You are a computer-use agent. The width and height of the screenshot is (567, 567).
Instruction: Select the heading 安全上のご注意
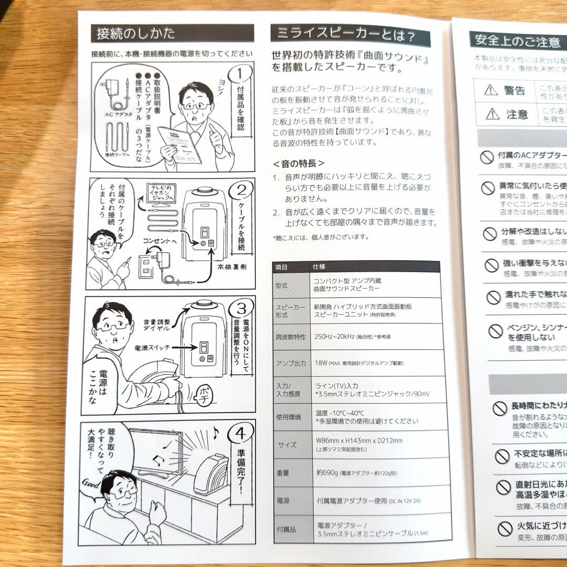517,40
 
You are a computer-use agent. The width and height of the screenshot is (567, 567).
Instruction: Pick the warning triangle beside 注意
492,113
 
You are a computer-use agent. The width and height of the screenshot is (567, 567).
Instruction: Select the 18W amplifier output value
321,363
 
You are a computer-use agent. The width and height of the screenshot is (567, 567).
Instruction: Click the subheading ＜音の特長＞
299,163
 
